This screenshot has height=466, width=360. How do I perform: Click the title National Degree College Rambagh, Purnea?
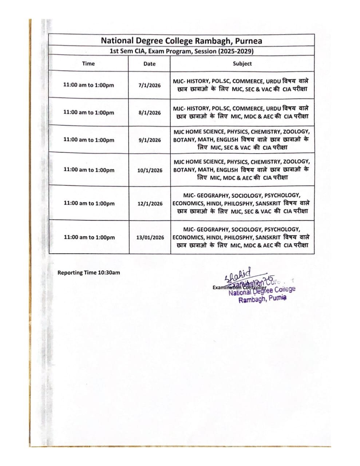(181, 40)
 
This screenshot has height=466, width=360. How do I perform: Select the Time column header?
(88, 63)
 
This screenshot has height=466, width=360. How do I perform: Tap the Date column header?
(149, 64)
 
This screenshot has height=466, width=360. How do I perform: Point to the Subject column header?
(242, 63)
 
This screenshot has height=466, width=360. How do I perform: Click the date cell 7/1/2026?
(149, 85)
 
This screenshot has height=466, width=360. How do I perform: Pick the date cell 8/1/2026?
(149, 112)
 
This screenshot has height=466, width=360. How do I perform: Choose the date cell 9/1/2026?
(149, 140)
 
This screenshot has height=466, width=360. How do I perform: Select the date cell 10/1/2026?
(150, 170)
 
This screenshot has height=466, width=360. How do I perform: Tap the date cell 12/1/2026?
(150, 204)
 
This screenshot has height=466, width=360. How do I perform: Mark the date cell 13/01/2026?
(150, 237)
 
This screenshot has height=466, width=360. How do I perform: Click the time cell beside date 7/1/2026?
(88, 85)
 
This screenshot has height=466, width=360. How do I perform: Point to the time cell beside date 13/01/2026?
(89, 237)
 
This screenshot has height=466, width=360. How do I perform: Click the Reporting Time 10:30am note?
(88, 272)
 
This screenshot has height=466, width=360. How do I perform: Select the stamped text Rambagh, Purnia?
(262, 299)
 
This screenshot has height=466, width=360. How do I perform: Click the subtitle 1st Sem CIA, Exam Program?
(181, 51)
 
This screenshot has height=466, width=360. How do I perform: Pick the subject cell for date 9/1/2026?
(242, 139)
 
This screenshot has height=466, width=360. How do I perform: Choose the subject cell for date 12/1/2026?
(242, 203)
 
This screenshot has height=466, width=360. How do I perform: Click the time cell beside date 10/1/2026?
(89, 170)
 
